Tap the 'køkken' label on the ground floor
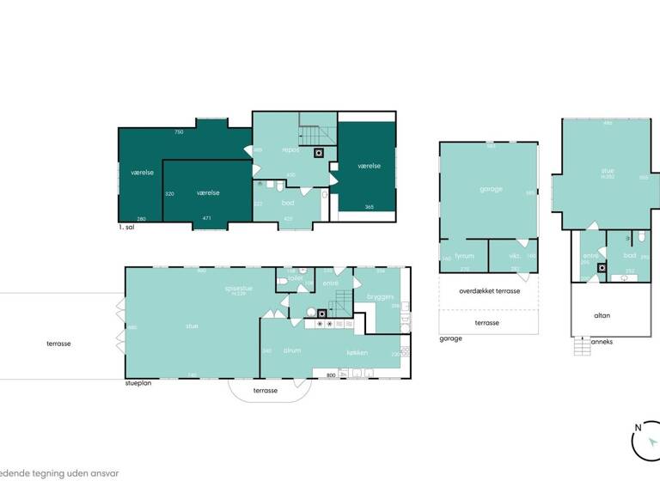pos(357,353)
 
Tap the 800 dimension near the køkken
pos(331,374)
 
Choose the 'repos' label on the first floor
pos(290,149)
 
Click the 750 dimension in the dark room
pos(179,132)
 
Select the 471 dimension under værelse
pos(206,219)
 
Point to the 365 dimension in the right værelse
pos(369,207)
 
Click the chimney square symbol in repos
pos(319,153)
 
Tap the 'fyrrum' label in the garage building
pos(465,255)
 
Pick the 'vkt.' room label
pos(515,255)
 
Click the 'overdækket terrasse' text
pos(489,291)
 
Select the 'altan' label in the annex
pos(602,315)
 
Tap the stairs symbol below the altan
pos(582,346)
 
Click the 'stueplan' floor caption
pos(138,383)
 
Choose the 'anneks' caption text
pos(602,341)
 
